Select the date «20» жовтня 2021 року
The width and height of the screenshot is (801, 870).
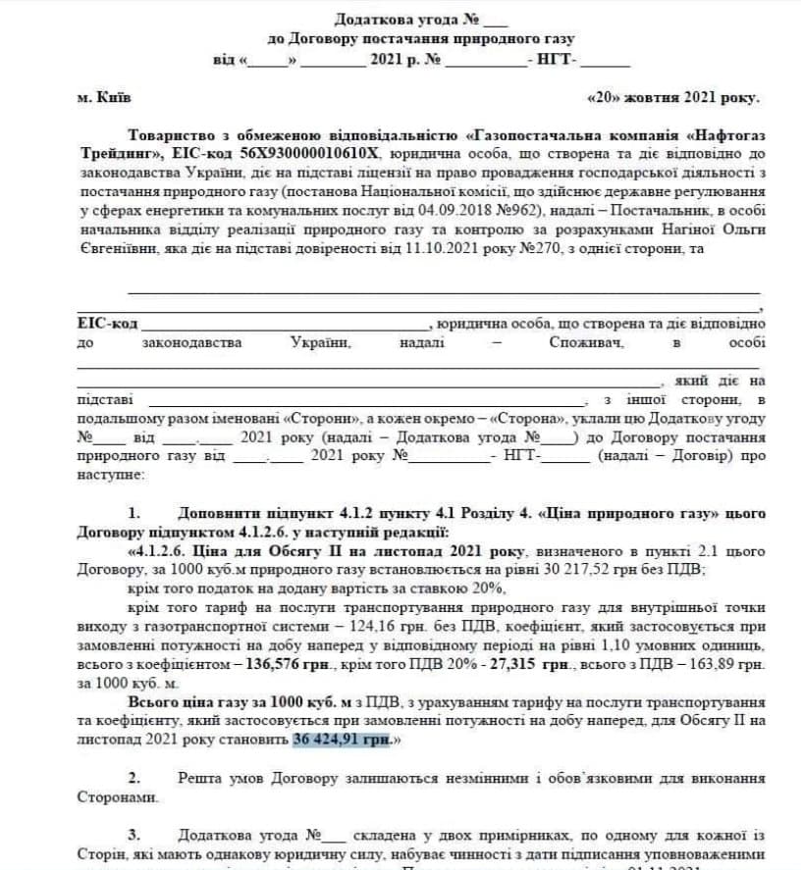[x=672, y=98]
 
